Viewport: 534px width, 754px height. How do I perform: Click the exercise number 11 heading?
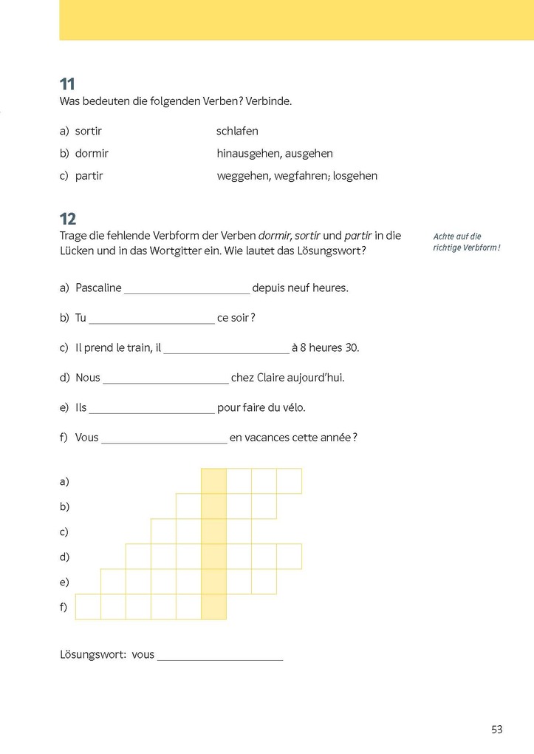click(x=67, y=84)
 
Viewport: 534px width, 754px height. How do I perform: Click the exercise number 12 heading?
click(x=68, y=219)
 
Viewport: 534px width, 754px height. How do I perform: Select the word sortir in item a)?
click(x=89, y=132)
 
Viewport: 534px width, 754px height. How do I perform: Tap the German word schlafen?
click(x=237, y=132)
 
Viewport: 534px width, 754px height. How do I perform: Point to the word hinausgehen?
click(x=246, y=154)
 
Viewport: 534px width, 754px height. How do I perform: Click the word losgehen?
click(x=355, y=176)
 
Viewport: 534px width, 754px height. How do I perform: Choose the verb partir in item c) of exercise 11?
click(x=89, y=176)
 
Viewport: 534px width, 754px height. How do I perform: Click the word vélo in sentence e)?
click(x=292, y=407)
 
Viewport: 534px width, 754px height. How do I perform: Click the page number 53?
click(x=496, y=730)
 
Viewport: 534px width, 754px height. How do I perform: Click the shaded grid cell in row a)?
click(x=213, y=481)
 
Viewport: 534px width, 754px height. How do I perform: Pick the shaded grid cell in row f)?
click(x=213, y=607)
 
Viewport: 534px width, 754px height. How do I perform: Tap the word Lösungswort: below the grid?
click(x=92, y=655)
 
